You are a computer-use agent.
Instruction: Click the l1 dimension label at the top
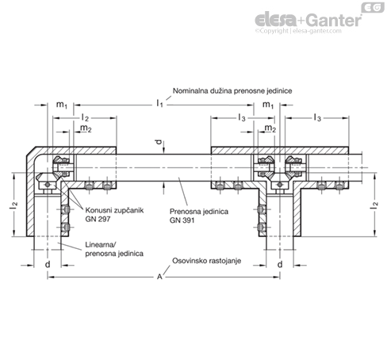tap(159, 103)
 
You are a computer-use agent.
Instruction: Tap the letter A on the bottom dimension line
tap(159, 277)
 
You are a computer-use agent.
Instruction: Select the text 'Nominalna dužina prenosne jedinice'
tap(232, 91)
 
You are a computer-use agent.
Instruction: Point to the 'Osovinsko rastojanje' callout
tap(206, 261)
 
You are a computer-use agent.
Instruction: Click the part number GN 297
tap(98, 219)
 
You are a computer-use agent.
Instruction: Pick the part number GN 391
tap(182, 220)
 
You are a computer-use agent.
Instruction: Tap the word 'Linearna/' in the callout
tap(101, 245)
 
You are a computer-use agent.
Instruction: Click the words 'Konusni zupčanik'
tap(114, 210)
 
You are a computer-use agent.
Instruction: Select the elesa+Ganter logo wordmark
tap(308, 20)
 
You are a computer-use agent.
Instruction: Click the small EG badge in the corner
tap(373, 7)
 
